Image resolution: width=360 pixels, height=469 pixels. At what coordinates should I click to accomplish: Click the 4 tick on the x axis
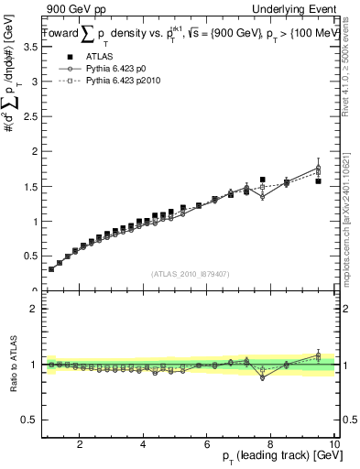click(144, 445)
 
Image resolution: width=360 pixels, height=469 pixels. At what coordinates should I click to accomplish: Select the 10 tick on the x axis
click(333, 445)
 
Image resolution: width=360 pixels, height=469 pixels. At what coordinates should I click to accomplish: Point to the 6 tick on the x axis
click(207, 445)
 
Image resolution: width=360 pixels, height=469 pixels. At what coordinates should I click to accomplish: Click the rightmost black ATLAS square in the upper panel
click(318, 181)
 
